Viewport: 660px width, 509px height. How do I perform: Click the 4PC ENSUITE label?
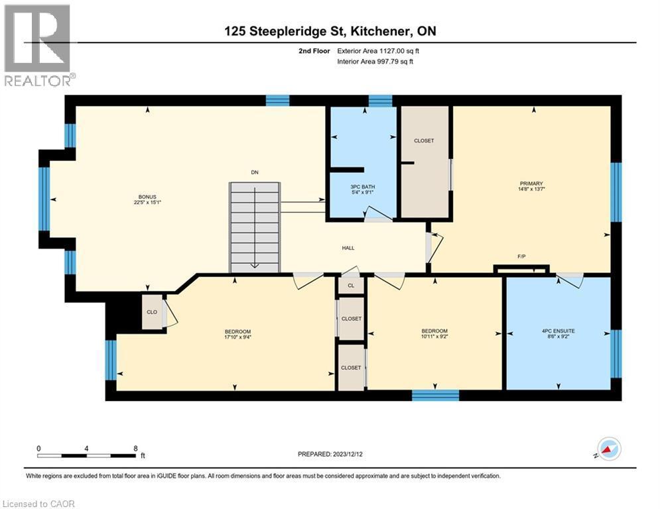point(557,331)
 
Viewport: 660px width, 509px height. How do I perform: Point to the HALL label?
point(348,248)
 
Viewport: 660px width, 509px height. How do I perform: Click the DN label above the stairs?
point(254,172)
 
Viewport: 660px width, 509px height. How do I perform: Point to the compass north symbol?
point(608,449)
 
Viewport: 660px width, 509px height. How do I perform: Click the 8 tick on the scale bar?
point(135,447)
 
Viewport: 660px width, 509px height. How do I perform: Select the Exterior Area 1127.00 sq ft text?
point(378,50)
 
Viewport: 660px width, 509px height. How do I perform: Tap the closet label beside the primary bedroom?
point(424,141)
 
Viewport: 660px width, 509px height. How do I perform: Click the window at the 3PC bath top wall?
point(380,101)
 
